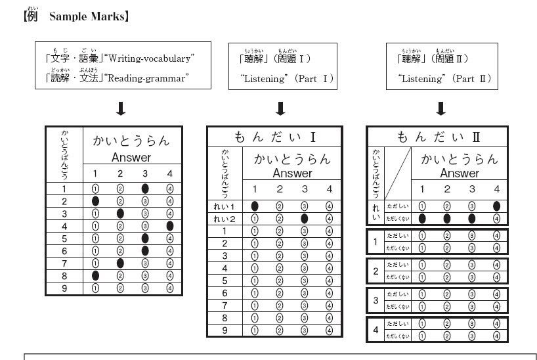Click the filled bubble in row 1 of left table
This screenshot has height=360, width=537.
click(144, 189)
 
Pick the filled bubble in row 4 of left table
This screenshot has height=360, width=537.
click(170, 226)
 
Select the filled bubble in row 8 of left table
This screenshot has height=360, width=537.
click(95, 276)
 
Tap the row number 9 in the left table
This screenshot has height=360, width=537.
click(64, 288)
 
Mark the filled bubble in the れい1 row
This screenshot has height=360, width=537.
click(255, 206)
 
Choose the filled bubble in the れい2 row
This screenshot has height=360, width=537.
click(305, 219)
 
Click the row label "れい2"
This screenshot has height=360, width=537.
click(225, 219)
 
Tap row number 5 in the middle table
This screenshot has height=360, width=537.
click(225, 281)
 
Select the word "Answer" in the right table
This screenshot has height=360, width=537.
click(459, 173)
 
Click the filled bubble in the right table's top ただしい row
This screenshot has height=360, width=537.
click(496, 206)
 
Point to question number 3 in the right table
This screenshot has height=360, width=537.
click(376, 300)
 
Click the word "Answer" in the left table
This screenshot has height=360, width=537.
click(131, 158)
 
